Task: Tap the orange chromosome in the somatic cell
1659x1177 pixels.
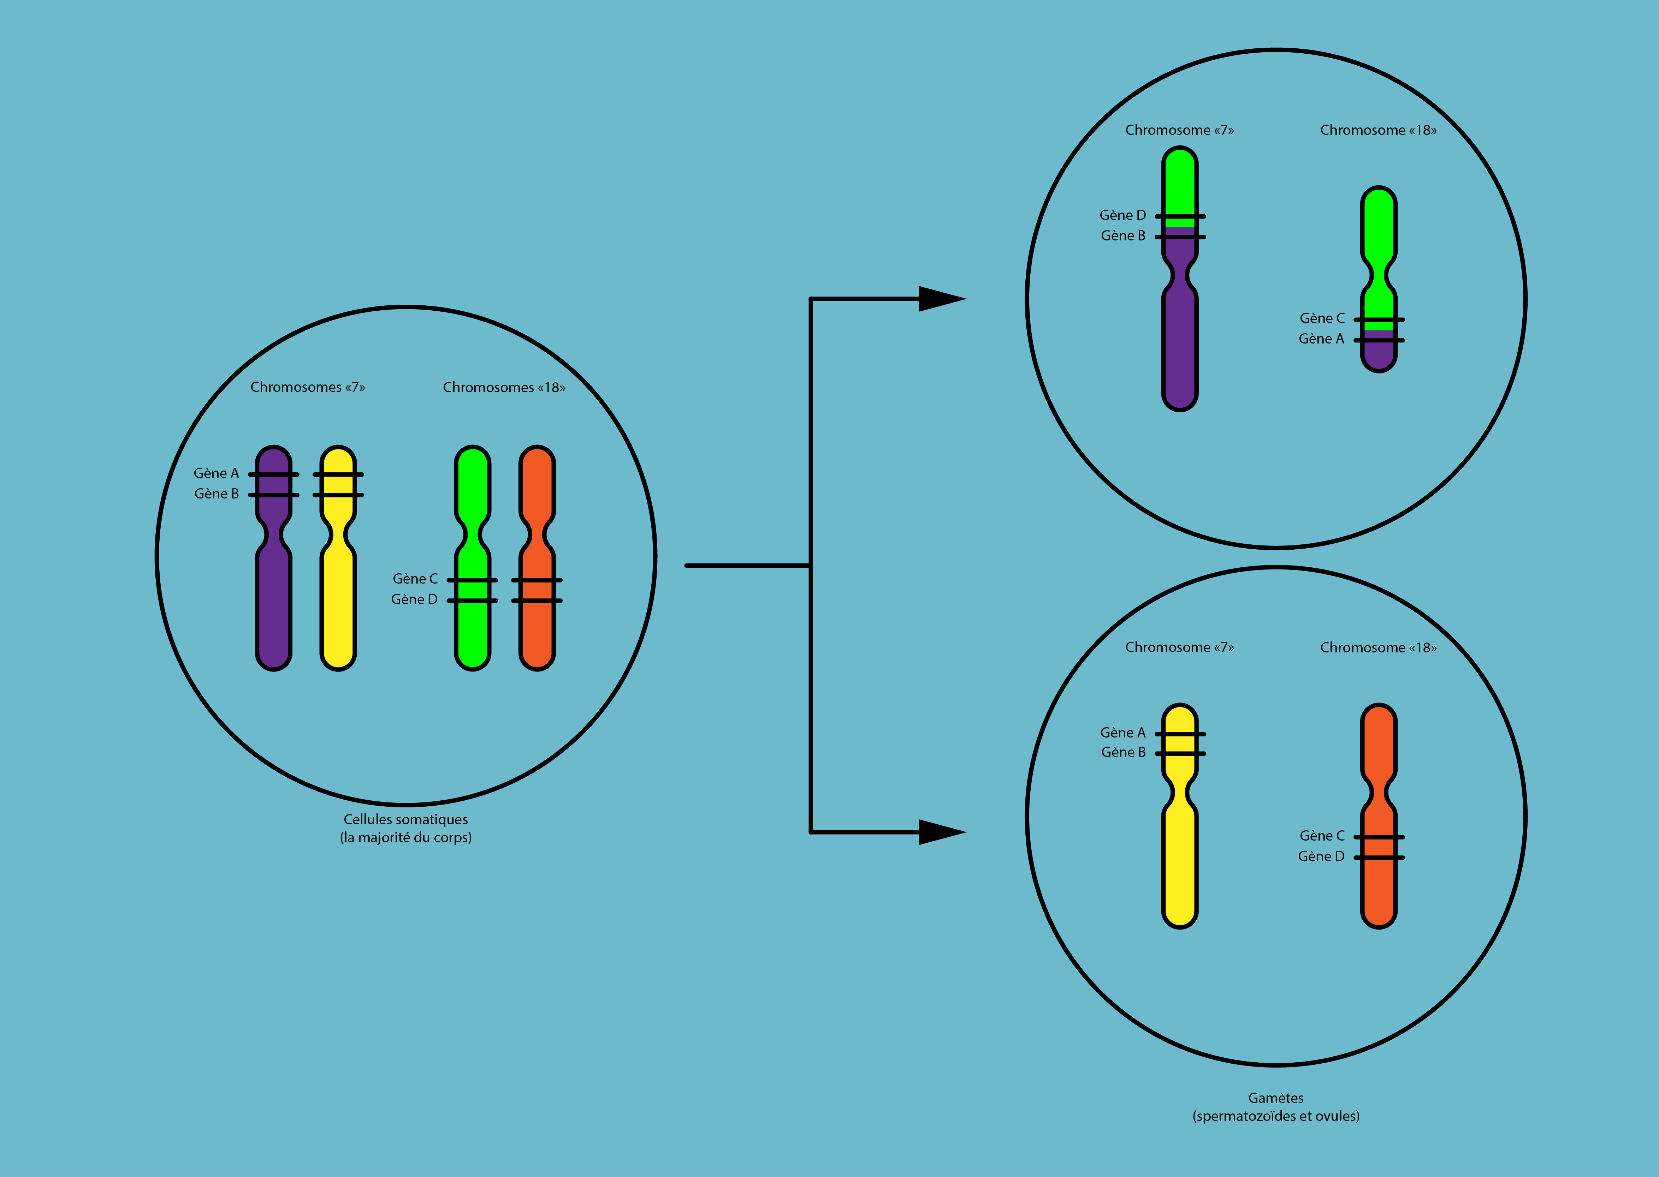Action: point(537,631)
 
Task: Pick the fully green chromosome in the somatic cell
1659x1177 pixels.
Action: point(472,631)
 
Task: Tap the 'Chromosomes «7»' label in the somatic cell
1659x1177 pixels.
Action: point(307,387)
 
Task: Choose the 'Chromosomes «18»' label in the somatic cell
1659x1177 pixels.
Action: point(504,387)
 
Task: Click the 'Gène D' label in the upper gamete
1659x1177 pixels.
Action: point(1122,215)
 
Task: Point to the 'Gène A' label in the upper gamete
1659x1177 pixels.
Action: point(1321,339)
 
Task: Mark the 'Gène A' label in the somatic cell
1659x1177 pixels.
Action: point(216,473)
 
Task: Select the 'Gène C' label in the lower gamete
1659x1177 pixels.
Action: point(1322,836)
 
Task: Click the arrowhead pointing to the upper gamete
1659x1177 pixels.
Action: point(941,299)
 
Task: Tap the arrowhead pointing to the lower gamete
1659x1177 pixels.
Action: point(941,832)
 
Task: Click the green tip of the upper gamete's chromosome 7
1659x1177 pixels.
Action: point(1180,181)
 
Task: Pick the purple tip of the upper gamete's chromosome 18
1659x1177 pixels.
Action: point(1379,355)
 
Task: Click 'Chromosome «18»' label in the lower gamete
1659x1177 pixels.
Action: point(1377,647)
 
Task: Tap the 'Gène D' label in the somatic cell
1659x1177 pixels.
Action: point(414,599)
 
